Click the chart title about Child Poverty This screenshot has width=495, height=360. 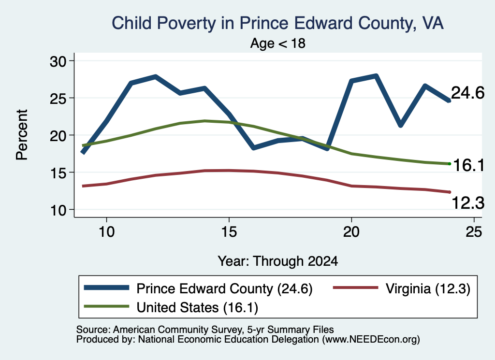278,24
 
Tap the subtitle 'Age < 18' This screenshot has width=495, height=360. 278,43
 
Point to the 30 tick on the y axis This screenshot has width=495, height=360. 58,61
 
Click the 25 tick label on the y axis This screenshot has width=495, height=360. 58,98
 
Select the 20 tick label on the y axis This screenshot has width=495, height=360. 58,135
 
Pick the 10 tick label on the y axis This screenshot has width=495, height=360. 58,210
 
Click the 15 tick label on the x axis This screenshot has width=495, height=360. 229,232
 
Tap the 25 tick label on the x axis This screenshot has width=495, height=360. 474,232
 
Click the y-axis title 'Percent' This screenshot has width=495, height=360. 22,135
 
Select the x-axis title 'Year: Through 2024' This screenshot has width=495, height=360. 278,261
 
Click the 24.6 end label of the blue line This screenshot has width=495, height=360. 467,93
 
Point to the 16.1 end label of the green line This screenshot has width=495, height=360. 468,165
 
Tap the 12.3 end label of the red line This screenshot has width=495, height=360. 468,202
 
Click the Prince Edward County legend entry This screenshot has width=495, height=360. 198,288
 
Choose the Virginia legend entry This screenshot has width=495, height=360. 402,288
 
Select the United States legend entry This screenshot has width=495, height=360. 171,307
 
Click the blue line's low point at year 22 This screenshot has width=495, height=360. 400,125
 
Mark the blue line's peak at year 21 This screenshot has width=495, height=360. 376,76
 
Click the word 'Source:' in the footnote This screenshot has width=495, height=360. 93,330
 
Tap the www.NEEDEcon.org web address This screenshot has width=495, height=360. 371,340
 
